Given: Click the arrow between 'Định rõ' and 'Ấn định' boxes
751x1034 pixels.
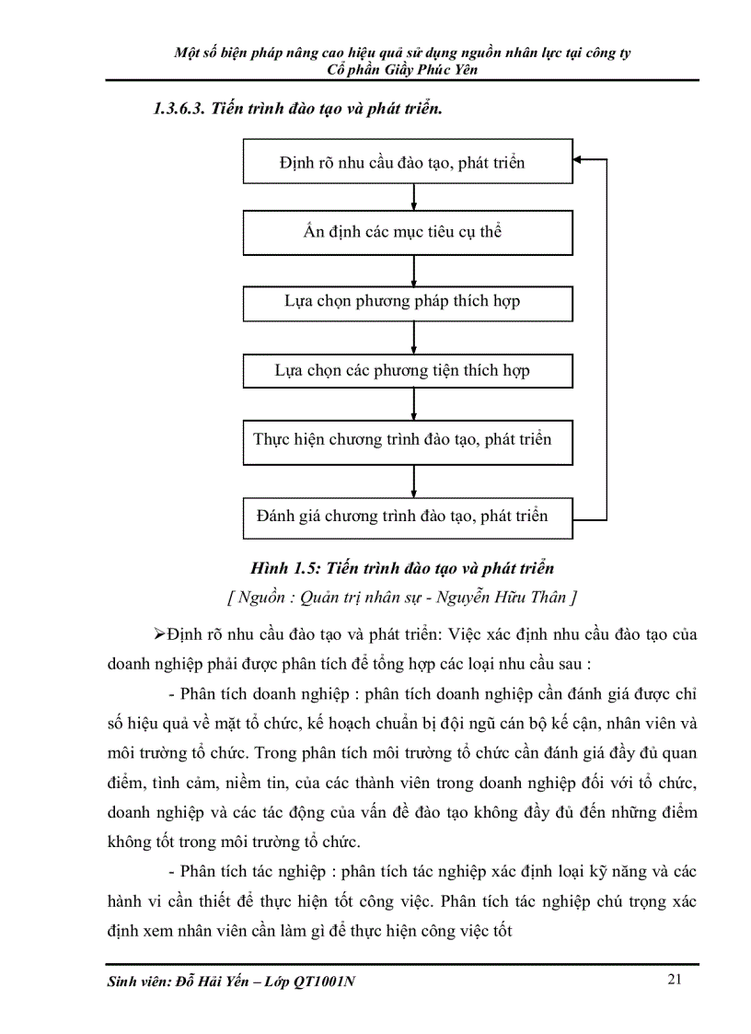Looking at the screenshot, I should pyautogui.click(x=415, y=197).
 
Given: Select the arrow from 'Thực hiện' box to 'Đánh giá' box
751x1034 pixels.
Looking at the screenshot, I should pyautogui.click(x=415, y=481).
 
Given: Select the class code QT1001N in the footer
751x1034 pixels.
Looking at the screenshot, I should pyautogui.click(x=325, y=982).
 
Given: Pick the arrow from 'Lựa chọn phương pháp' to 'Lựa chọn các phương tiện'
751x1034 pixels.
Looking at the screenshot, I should pyautogui.click(x=415, y=336).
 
